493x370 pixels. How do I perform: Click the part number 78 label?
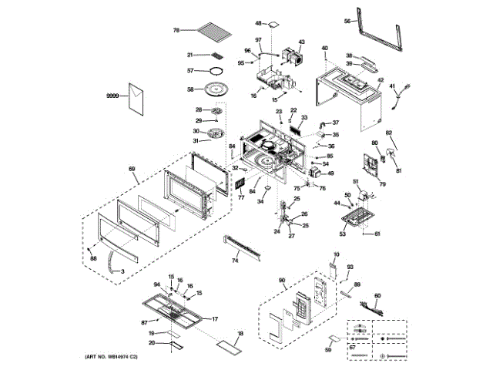coord(176,30)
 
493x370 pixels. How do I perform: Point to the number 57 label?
coord(191,71)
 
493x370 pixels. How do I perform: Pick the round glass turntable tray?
coord(217,89)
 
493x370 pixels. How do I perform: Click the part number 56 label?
coord(347,22)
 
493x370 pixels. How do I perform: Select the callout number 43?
coord(301,42)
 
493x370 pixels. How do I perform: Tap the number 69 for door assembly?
coord(132,168)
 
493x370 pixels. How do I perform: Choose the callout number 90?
coord(282,281)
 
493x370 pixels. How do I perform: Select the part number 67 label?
coord(352,347)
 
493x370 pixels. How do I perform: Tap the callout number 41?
coord(391,86)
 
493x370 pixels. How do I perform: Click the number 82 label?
coord(389,133)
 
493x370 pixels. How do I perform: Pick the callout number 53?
coord(344,231)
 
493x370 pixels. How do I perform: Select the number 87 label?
coord(144,322)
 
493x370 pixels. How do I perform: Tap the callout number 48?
coord(259,24)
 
